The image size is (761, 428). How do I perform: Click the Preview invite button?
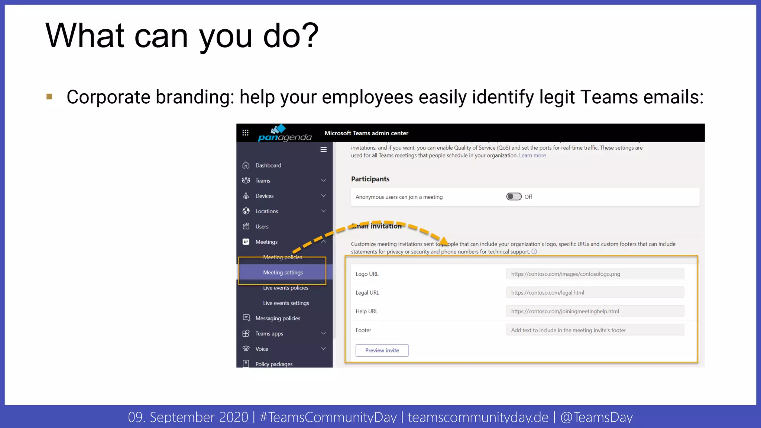(382, 350)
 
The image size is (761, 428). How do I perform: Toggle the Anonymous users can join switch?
(514, 197)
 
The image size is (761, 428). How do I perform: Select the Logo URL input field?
(595, 274)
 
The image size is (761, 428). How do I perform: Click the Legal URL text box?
(595, 292)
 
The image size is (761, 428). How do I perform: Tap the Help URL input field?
(595, 311)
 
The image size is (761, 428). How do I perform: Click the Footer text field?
(595, 330)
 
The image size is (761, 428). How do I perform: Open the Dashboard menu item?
(268, 165)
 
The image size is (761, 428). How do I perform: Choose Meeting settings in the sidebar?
(283, 272)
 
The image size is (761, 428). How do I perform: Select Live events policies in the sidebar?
(285, 288)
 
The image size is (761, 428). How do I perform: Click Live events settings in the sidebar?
(286, 303)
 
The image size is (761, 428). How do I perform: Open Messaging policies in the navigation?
(278, 318)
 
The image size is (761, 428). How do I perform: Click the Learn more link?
(532, 155)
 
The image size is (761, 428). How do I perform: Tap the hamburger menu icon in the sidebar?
(324, 150)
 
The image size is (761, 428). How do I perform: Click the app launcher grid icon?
(245, 133)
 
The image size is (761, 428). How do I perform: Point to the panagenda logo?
(285, 133)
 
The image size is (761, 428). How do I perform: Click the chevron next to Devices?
(324, 196)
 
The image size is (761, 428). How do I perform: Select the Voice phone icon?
(246, 348)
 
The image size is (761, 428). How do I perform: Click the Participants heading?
(370, 179)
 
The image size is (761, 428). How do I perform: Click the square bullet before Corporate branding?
(49, 97)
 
